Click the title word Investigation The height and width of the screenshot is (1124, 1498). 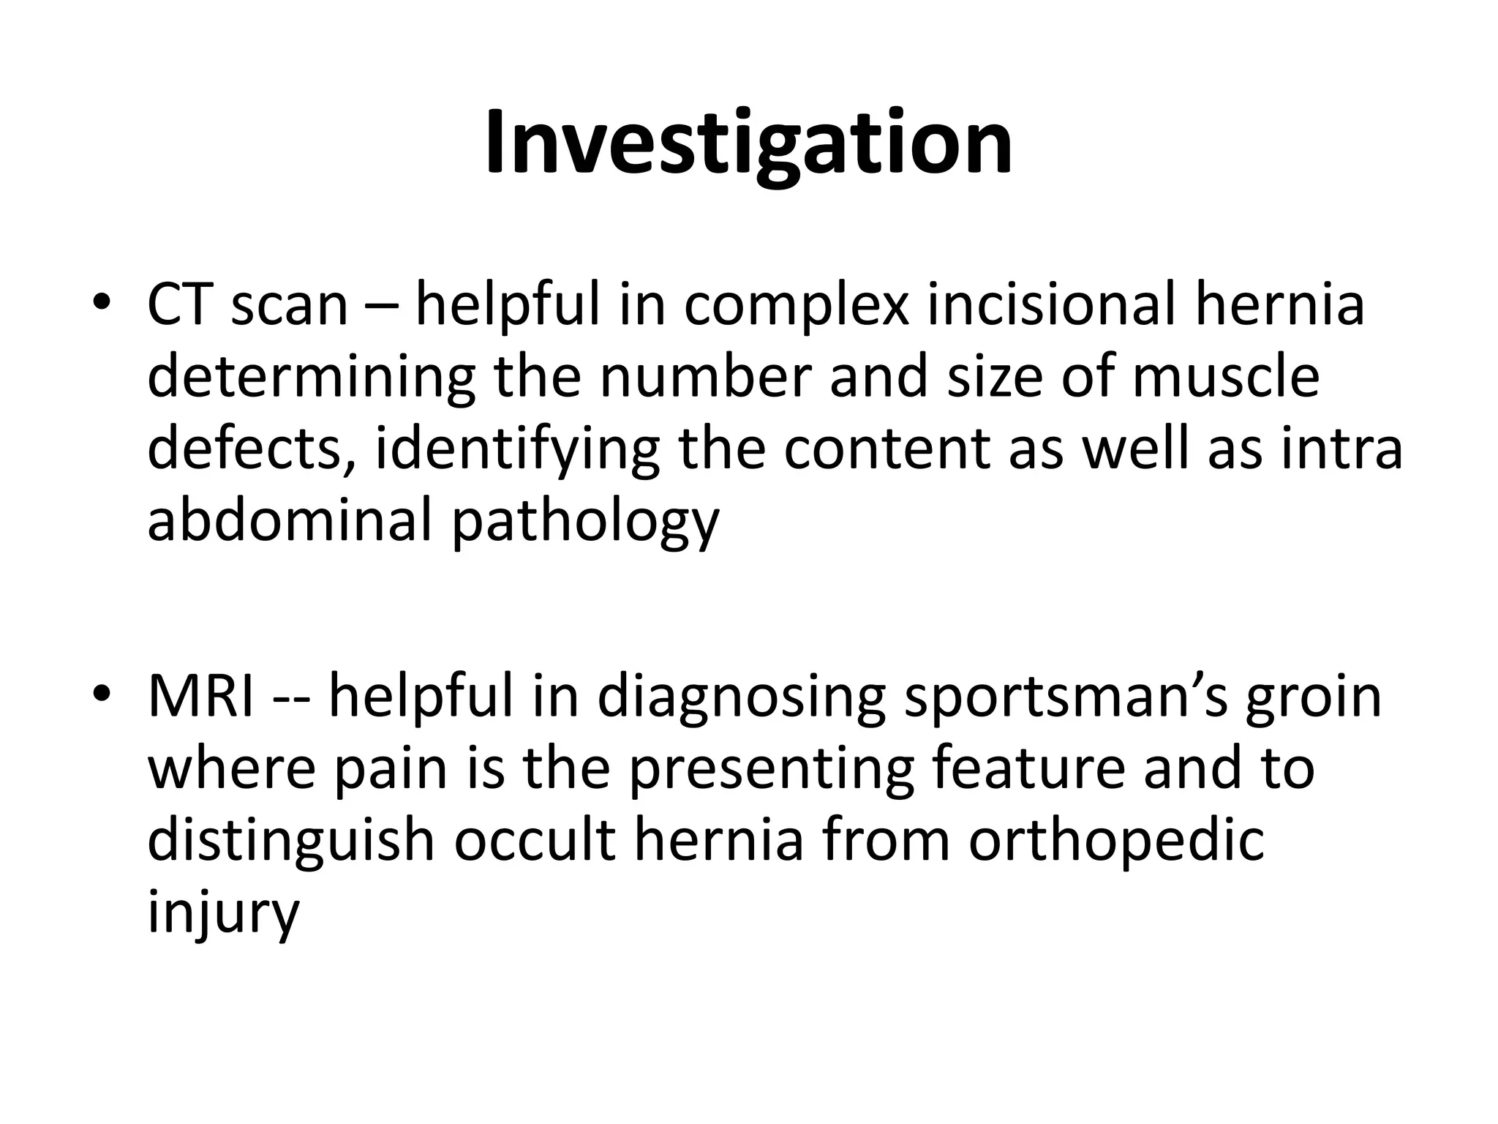pos(748,143)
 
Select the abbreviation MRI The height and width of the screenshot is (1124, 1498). pos(201,696)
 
